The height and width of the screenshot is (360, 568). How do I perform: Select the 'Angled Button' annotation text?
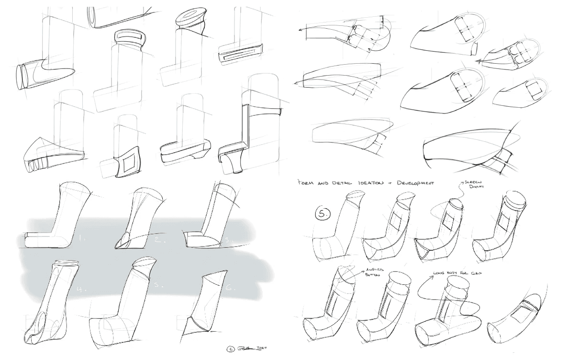(x=375, y=273)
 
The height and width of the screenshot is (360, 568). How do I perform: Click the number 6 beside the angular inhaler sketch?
(x=229, y=288)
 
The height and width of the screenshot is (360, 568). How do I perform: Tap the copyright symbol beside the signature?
(x=231, y=349)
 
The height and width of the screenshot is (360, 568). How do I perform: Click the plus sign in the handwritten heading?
(x=393, y=182)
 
